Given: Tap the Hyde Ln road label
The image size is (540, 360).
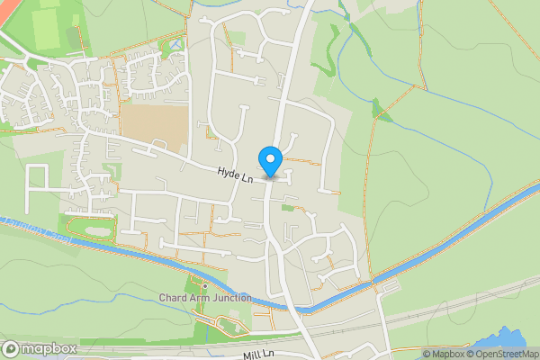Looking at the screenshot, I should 234,174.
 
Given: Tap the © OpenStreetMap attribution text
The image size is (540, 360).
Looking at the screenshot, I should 499,354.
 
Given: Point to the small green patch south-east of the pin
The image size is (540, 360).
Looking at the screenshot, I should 287,208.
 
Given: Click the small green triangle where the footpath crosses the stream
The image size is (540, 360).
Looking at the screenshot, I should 382,113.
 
